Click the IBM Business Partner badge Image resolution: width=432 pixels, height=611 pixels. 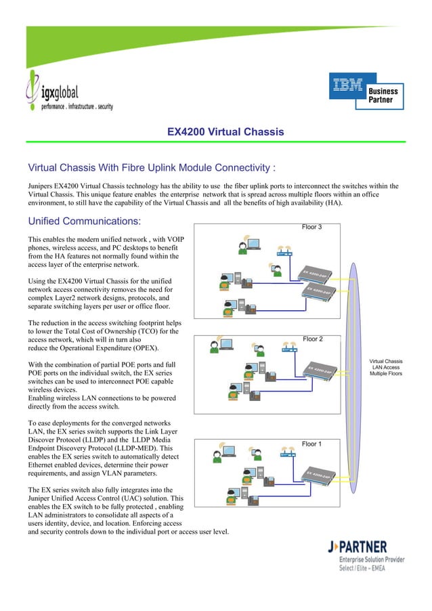[366, 91]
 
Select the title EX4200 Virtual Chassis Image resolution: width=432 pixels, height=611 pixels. [225, 131]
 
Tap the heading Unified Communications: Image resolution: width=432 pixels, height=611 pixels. [84, 222]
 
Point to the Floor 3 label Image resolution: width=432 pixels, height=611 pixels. [311, 227]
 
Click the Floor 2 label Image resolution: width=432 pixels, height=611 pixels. [312, 339]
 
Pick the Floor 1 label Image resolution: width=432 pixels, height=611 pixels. [311, 444]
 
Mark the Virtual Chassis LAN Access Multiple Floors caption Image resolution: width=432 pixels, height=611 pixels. [385, 367]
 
